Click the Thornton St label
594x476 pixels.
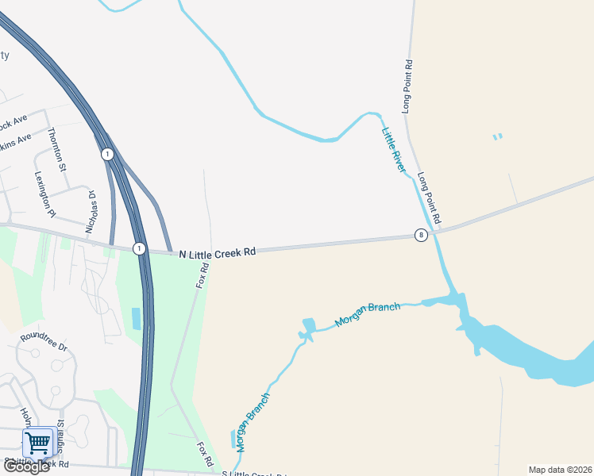58,148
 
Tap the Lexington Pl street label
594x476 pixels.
45,194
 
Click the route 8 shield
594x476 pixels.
420,235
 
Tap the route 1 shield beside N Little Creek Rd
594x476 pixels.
139,248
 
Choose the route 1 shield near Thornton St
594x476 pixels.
107,154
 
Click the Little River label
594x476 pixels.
393,150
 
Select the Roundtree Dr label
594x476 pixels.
44,342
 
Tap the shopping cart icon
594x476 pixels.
37,442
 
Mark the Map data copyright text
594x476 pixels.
559,470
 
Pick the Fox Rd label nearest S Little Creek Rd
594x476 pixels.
205,454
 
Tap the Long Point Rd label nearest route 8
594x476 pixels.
429,198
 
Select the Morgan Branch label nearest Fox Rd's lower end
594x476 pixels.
253,421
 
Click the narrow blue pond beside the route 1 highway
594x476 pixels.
136,318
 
